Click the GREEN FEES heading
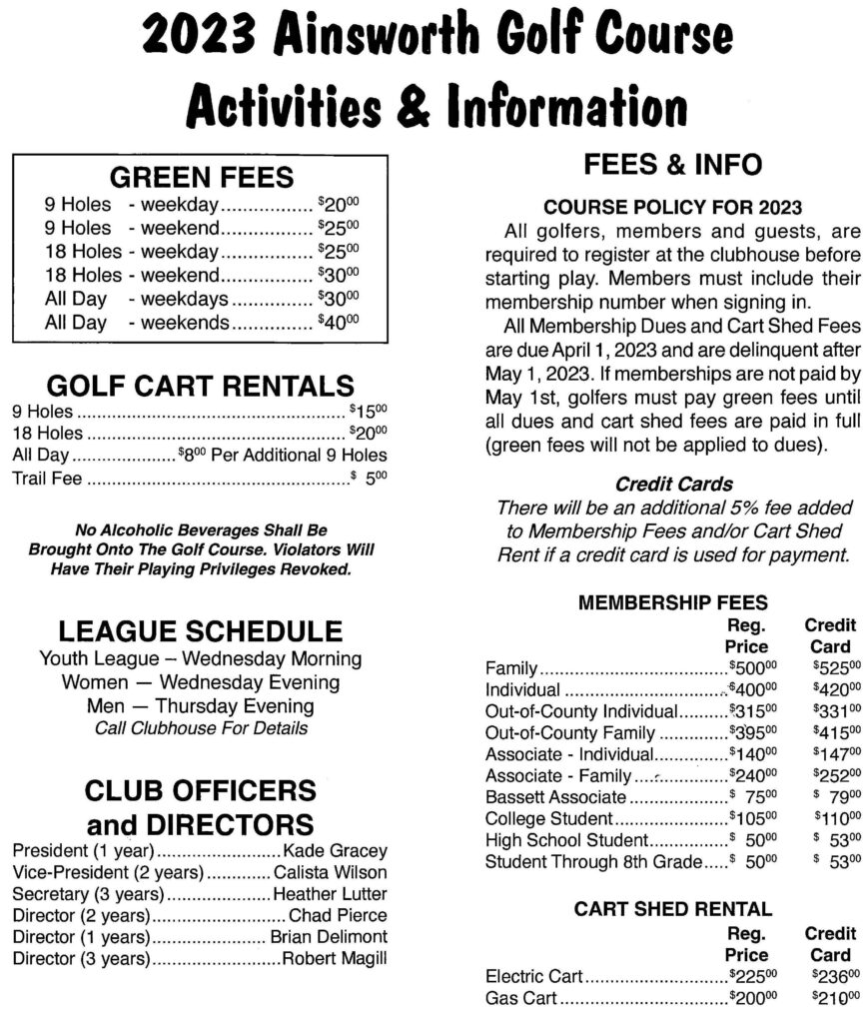click(x=201, y=177)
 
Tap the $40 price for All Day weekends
click(x=338, y=323)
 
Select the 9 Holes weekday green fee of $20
click(x=338, y=205)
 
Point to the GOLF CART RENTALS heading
click(x=201, y=386)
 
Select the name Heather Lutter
click(x=330, y=893)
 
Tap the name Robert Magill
click(x=334, y=959)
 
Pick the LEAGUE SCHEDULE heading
click(x=200, y=630)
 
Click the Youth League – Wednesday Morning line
click(x=200, y=659)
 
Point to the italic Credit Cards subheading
click(x=673, y=485)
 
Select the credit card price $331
click(x=837, y=711)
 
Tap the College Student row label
click(x=545, y=818)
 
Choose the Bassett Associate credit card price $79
click(x=837, y=796)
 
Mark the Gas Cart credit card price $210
click(x=837, y=998)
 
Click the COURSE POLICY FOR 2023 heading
click(x=672, y=208)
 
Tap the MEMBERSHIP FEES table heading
click(x=673, y=602)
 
